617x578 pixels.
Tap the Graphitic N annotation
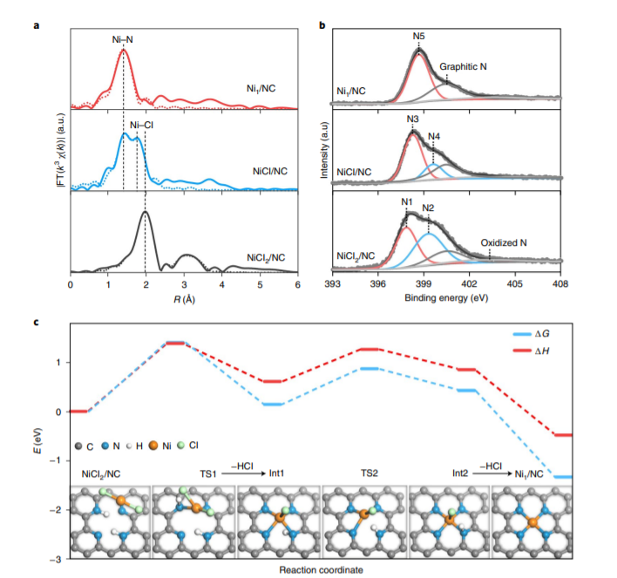(x=464, y=66)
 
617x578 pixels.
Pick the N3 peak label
(x=412, y=119)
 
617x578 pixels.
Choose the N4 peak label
(x=434, y=137)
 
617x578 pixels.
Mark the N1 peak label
(x=406, y=202)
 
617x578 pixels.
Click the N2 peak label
(x=428, y=208)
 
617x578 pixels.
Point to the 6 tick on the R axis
(x=297, y=284)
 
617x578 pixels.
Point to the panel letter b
(x=322, y=27)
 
